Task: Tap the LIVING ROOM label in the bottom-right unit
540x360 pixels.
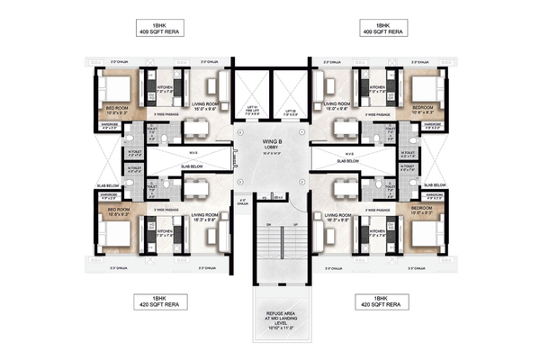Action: point(340,217)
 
